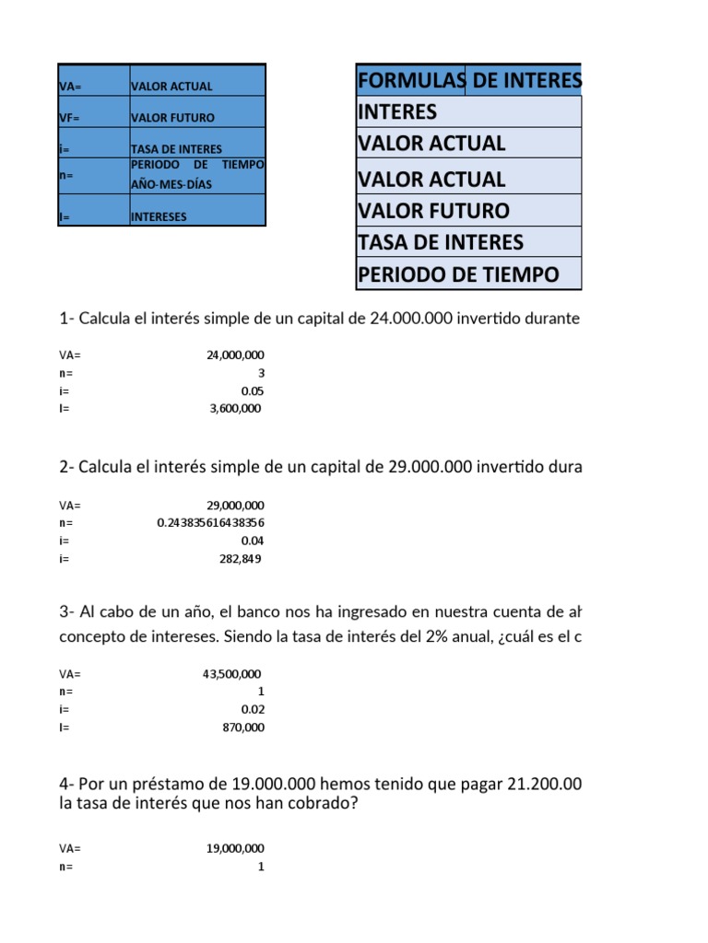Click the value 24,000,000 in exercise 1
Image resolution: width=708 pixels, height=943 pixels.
236,355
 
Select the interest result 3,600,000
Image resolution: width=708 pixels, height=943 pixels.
237,409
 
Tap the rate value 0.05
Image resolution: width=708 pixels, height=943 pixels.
253,390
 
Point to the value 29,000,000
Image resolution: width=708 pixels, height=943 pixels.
236,505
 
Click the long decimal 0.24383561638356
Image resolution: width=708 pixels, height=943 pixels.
211,523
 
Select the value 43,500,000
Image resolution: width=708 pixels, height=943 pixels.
233,674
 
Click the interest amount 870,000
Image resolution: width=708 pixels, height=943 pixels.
243,728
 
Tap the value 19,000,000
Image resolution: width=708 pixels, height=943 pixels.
236,848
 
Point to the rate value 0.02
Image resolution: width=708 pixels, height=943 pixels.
253,710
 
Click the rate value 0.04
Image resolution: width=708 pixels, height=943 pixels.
253,541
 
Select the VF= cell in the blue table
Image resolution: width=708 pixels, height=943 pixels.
68,118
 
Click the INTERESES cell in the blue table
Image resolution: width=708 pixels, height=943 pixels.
159,217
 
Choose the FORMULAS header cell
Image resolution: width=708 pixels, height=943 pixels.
410,82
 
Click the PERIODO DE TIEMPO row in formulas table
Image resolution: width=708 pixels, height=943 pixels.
458,274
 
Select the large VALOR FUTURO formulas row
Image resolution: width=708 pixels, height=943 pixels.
433,211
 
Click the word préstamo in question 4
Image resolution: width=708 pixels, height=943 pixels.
172,785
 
